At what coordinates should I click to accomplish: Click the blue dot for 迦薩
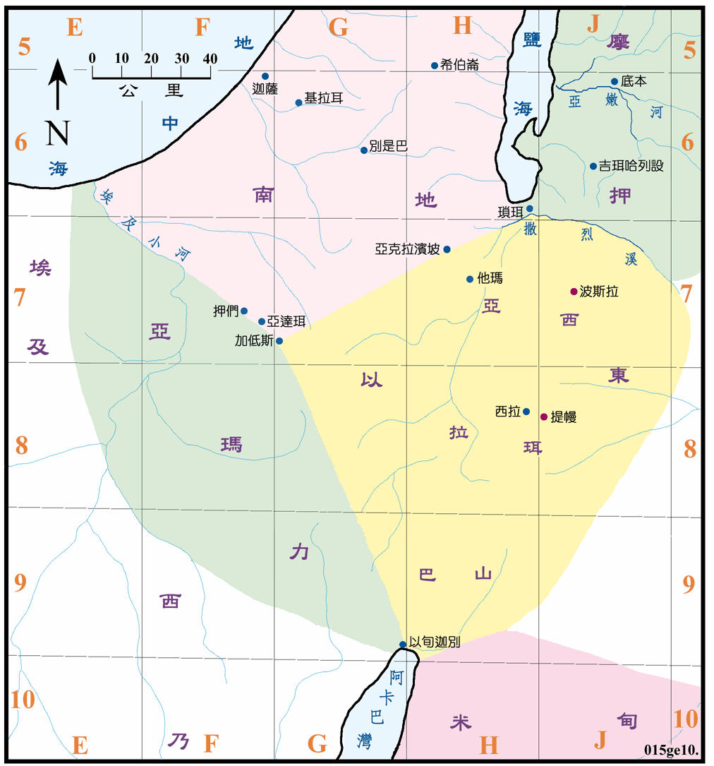pyautogui.click(x=265, y=76)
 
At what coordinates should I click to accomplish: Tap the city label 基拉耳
pyautogui.click(x=323, y=98)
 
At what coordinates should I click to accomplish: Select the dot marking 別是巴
pyautogui.click(x=364, y=150)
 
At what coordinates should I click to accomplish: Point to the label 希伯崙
pyautogui.click(x=459, y=65)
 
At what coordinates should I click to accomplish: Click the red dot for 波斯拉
pyautogui.click(x=574, y=292)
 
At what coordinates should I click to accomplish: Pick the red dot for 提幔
pyautogui.click(x=543, y=417)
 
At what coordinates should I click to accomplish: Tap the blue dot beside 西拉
pyautogui.click(x=526, y=412)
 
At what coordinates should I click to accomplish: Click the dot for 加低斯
pyautogui.click(x=279, y=341)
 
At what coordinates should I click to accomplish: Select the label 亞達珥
pyautogui.click(x=286, y=322)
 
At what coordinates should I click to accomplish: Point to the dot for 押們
pyautogui.click(x=244, y=311)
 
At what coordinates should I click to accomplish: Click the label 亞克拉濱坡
pyautogui.click(x=408, y=249)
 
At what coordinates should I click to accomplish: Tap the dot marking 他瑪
pyautogui.click(x=470, y=279)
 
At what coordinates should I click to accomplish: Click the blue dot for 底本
pyautogui.click(x=615, y=81)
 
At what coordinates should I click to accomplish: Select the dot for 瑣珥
pyautogui.click(x=530, y=208)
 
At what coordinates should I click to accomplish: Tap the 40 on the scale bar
pyautogui.click(x=210, y=59)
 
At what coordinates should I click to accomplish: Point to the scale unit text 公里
pyautogui.click(x=151, y=90)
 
